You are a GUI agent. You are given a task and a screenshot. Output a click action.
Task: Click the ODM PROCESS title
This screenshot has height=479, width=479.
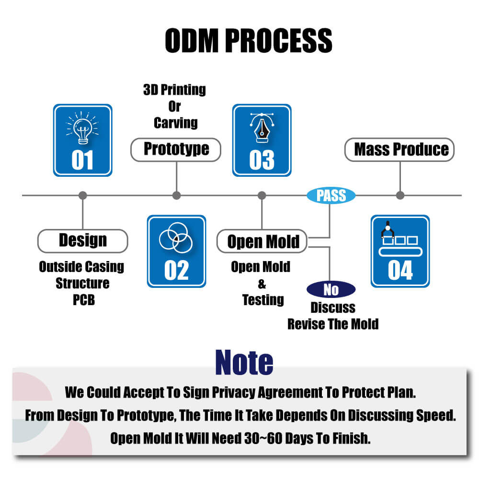point(248,40)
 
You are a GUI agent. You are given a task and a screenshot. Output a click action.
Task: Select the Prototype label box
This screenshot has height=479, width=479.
point(176,149)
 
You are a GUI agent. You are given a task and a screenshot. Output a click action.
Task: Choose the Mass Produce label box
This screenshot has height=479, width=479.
point(399,149)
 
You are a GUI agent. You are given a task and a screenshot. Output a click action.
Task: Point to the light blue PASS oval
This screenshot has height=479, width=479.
point(331,195)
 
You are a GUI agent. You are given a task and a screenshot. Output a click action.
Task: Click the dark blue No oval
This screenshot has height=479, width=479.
point(331,290)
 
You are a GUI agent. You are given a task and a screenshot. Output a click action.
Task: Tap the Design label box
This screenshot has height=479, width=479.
point(82,240)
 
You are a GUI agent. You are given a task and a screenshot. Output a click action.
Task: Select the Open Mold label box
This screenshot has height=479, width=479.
point(262,241)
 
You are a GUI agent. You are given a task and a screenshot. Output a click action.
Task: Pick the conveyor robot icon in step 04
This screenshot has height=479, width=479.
point(399,238)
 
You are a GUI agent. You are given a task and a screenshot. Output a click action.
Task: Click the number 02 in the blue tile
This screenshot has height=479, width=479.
point(176,271)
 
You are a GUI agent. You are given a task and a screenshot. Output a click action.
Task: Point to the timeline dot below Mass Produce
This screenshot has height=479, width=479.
point(400,195)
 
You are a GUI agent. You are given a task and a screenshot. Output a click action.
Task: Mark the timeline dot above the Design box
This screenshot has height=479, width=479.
point(82,195)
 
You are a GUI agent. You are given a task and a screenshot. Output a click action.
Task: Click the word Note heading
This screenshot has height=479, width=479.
point(244,362)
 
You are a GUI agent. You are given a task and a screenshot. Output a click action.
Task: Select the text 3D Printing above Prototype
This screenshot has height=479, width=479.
point(174,90)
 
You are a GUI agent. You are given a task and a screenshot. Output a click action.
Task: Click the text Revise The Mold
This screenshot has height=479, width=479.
point(333,324)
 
